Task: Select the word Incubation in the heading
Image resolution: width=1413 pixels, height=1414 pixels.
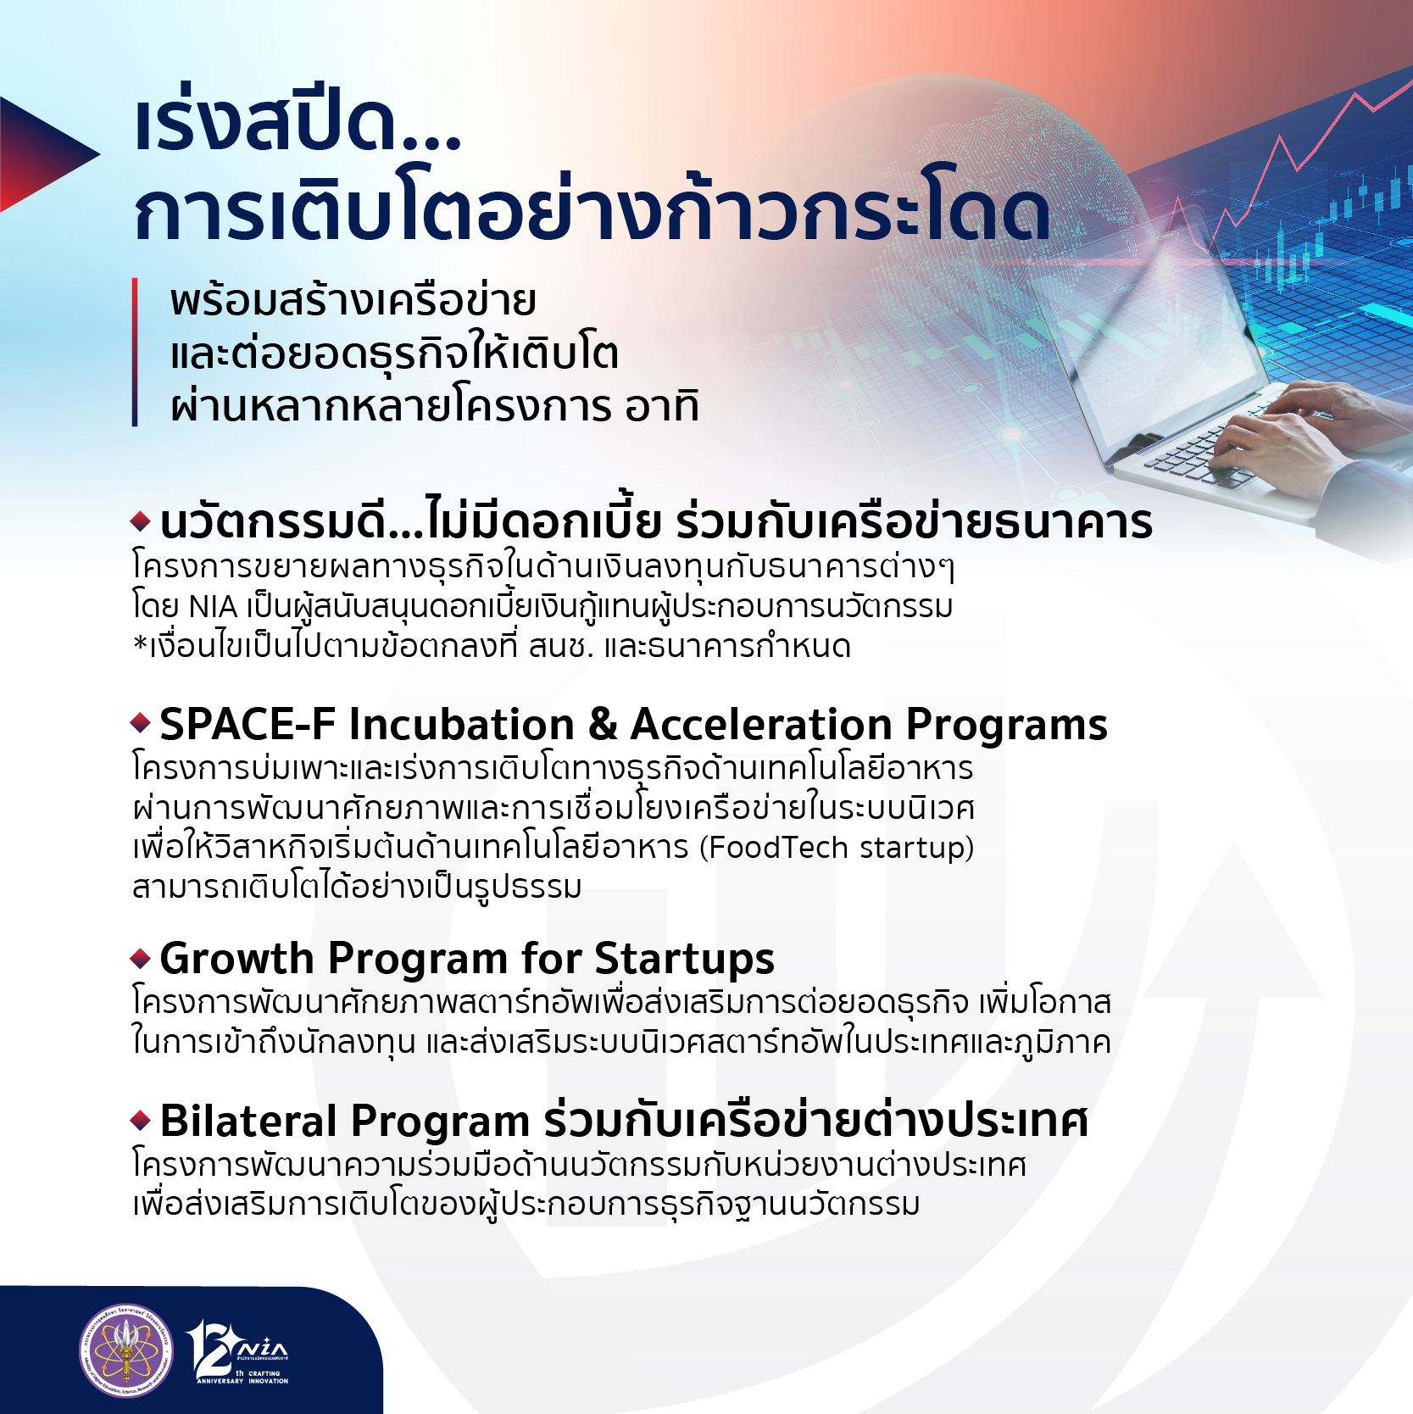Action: click(x=462, y=725)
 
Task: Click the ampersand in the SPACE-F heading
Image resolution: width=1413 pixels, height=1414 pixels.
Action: click(x=602, y=725)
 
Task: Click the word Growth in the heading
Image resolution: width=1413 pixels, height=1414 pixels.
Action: click(x=237, y=959)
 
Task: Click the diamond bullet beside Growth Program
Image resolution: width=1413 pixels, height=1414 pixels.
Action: click(x=141, y=959)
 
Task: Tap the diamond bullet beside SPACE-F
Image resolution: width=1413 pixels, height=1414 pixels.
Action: click(x=141, y=723)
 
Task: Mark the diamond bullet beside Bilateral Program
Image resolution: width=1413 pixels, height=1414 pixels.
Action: click(x=141, y=1120)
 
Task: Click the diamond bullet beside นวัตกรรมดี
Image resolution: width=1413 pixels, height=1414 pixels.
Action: click(x=141, y=521)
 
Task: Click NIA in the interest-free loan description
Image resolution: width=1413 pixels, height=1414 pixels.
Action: click(x=213, y=607)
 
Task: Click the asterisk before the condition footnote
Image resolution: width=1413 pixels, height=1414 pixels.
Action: click(x=140, y=644)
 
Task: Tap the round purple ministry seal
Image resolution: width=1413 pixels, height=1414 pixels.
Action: click(x=125, y=1350)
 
